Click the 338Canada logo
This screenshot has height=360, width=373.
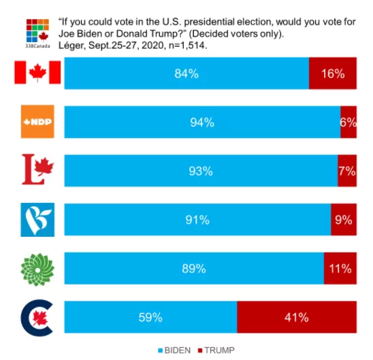point(37,33)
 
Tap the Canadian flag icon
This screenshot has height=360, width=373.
point(37,72)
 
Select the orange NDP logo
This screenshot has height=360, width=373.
point(37,122)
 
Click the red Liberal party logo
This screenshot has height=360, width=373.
point(38,169)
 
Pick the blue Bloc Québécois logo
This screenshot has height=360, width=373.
point(37,220)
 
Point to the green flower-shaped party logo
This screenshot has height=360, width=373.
point(37,269)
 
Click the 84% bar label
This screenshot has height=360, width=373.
point(186,73)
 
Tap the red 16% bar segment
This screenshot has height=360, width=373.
point(333,73)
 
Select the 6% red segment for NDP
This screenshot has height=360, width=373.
point(348,122)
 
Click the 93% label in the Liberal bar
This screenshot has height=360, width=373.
point(201,171)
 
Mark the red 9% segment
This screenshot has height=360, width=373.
point(344,220)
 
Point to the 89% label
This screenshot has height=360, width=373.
point(194,269)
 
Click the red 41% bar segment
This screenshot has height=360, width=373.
point(297,317)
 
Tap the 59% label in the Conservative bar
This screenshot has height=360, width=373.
point(150,317)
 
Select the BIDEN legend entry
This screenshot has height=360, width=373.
point(174,350)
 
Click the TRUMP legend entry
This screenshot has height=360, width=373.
point(216,350)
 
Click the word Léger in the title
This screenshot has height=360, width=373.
point(71,45)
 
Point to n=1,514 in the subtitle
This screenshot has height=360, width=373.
point(188,45)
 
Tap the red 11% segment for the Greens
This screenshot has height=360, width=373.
point(340,268)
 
